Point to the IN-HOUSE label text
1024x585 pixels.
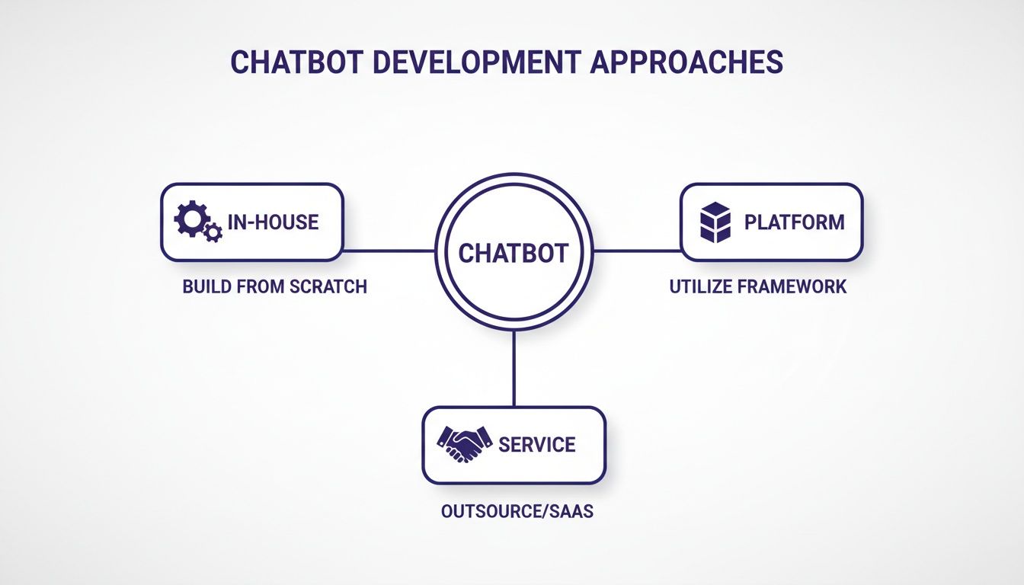point(272,222)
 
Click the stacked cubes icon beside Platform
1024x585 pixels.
point(715,222)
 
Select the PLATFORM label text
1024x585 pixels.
point(794,222)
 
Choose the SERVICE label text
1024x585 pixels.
point(536,444)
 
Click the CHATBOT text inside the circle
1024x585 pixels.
point(513,253)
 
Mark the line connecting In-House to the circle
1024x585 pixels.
point(389,250)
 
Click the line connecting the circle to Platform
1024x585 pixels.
point(637,250)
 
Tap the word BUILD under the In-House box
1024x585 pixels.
point(206,286)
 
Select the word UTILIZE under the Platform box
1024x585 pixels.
point(702,286)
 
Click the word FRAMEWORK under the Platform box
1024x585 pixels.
point(793,286)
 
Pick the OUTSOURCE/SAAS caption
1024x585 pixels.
point(517,511)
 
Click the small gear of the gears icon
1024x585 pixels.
point(213,232)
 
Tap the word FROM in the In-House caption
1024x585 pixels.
point(260,286)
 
